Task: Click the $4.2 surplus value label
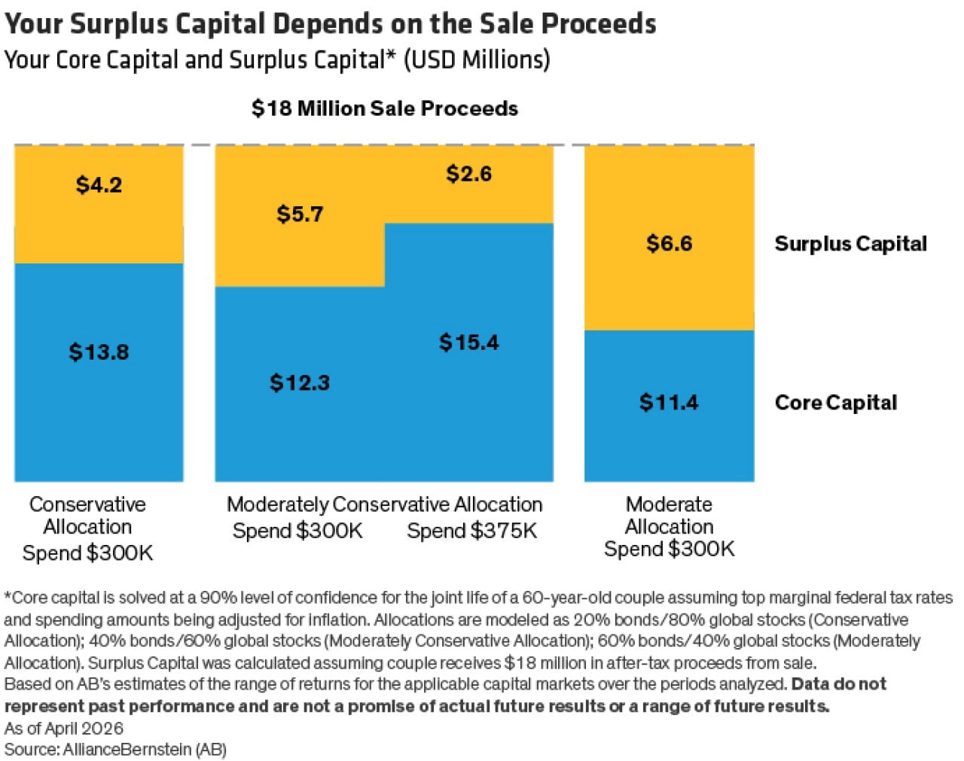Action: (x=99, y=185)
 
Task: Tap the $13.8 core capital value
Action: (x=99, y=352)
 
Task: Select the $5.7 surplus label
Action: (x=300, y=215)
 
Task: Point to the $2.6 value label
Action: (x=468, y=174)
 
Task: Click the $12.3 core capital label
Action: (x=300, y=383)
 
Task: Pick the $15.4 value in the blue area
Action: (x=468, y=342)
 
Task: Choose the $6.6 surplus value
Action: (x=669, y=244)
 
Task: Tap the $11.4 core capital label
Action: (x=669, y=403)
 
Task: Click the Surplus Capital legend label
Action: (x=850, y=244)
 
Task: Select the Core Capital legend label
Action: (x=835, y=403)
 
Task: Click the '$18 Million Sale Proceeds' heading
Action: (x=385, y=109)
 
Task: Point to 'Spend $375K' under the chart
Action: (x=472, y=531)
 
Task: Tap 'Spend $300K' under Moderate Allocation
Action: (x=669, y=549)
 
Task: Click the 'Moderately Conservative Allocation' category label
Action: (x=384, y=504)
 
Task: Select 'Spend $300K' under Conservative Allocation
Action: (x=87, y=554)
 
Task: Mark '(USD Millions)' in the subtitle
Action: (x=477, y=59)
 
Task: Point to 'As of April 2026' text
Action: (x=63, y=729)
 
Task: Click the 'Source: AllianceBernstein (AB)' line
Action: (x=115, y=750)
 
